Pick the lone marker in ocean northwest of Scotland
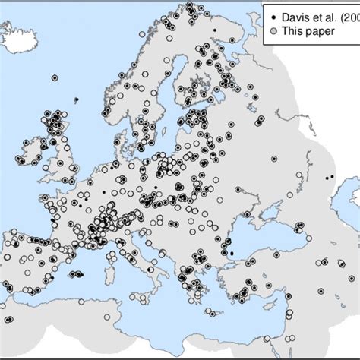click(x=55, y=77)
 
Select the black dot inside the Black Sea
click(x=232, y=254)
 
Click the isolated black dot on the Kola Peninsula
click(x=215, y=30)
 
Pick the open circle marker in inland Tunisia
click(x=108, y=317)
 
